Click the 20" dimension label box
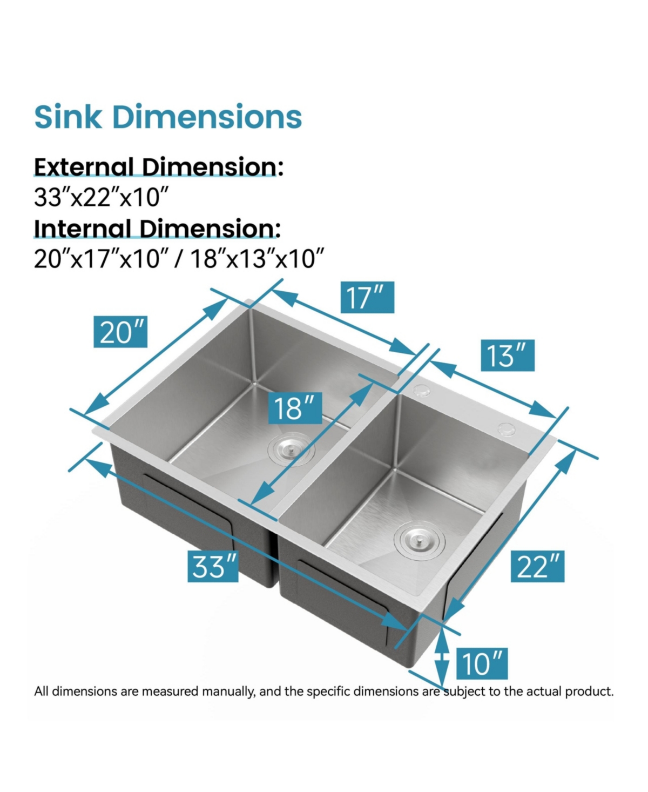[121, 332]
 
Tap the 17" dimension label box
[367, 297]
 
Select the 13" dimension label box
[507, 355]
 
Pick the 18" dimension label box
[295, 408]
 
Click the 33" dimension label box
[213, 566]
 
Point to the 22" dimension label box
[537, 566]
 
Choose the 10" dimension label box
[482, 663]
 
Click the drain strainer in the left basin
[291, 448]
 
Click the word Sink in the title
[67, 117]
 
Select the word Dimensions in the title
[207, 117]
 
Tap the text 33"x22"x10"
[98, 197]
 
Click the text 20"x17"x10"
[98, 259]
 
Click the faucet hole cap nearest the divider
[421, 390]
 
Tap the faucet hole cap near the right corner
[507, 429]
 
